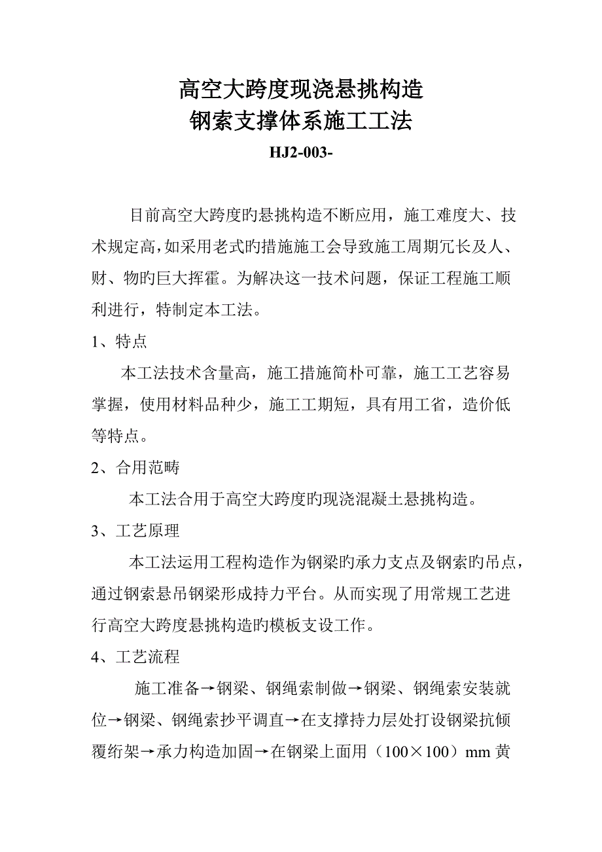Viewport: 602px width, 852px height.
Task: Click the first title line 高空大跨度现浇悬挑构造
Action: pos(301,88)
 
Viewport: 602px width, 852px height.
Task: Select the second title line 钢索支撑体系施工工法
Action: pos(301,121)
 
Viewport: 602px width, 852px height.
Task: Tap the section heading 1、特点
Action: pos(118,342)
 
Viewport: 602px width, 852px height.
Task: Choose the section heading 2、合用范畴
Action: pos(135,467)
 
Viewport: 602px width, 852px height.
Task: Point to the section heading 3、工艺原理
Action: pos(135,531)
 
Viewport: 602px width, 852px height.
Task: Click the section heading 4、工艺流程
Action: pos(135,656)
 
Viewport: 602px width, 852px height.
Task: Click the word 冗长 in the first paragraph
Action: pos(427,247)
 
